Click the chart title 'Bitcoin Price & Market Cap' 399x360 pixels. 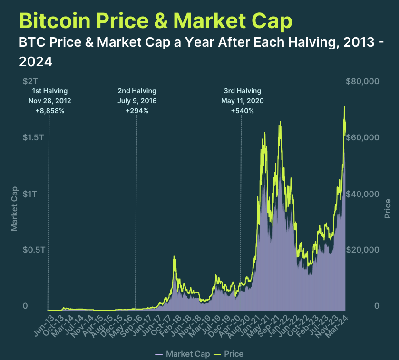(x=156, y=20)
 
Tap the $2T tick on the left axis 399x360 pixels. (x=31, y=82)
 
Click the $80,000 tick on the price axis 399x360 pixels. (x=361, y=82)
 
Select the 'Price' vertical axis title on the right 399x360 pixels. (x=388, y=208)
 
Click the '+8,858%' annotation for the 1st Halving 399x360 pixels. (x=49, y=111)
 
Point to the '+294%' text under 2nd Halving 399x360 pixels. (x=137, y=111)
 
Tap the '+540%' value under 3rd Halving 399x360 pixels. (x=242, y=111)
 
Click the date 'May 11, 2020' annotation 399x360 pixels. (x=242, y=101)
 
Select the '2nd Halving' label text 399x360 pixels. (x=137, y=91)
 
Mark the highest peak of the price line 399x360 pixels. (x=344, y=107)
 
